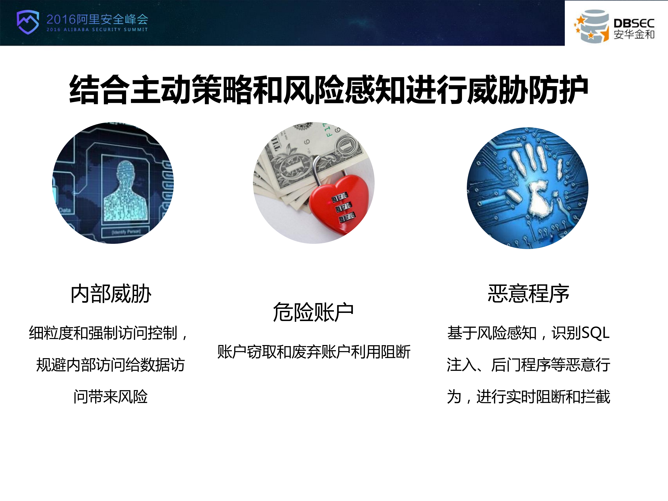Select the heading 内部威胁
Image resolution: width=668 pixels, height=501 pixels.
click(111, 294)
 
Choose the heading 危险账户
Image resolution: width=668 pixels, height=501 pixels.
click(313, 312)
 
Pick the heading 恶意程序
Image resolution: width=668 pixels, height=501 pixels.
click(528, 294)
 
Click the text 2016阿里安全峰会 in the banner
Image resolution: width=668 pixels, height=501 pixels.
click(97, 19)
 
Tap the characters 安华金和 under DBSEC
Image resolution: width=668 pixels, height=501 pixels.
click(634, 34)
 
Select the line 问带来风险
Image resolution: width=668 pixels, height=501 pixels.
click(110, 397)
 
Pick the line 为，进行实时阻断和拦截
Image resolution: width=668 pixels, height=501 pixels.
click(528, 397)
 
